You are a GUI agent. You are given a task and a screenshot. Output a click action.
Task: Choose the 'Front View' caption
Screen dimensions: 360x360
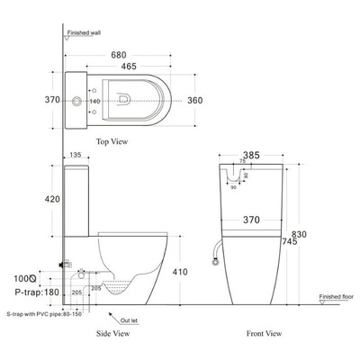pyautogui.click(x=267, y=333)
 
